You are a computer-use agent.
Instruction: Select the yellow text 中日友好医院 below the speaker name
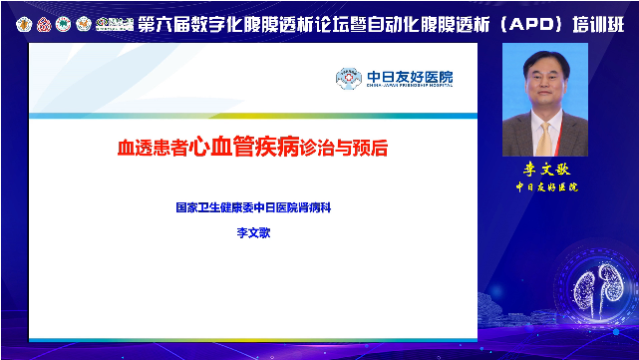pyautogui.click(x=544, y=186)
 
